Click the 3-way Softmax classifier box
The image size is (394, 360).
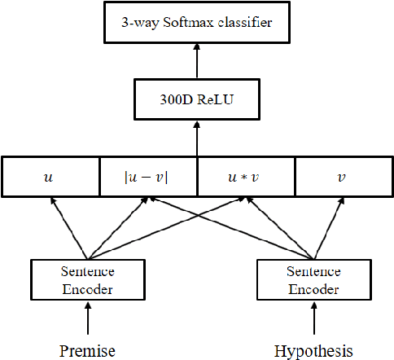click(197, 23)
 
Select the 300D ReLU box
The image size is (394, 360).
click(195, 103)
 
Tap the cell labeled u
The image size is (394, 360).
click(50, 177)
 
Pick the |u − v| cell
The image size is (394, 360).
click(147, 177)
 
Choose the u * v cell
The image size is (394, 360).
click(245, 177)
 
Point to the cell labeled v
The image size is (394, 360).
click(343, 177)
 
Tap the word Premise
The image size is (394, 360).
click(86, 350)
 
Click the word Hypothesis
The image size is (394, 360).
click(313, 350)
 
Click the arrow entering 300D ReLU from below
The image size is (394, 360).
click(195, 138)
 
